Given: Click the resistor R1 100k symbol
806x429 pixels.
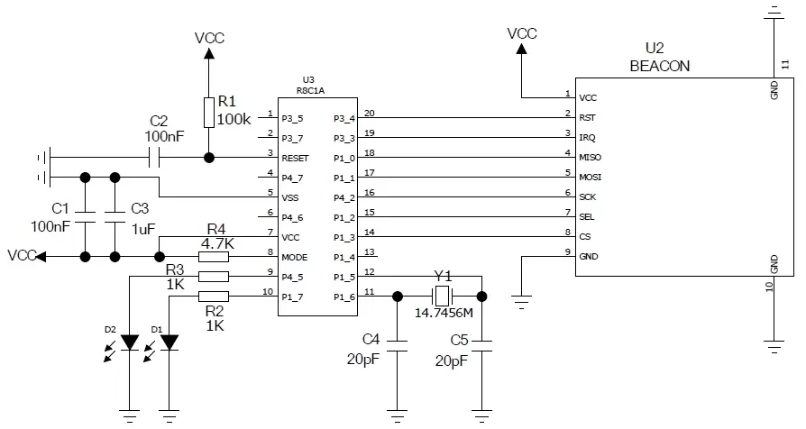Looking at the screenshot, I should (x=209, y=113).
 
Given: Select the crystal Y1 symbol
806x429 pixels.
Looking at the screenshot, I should (x=441, y=296).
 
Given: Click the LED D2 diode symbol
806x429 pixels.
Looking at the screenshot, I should (x=131, y=342).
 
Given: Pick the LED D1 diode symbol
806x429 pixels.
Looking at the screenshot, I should (x=169, y=342).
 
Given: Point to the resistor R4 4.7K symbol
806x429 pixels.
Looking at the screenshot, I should (x=213, y=256).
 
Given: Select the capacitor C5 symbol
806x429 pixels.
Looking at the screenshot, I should (x=481, y=343).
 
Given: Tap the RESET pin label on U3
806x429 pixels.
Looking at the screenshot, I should (x=297, y=157).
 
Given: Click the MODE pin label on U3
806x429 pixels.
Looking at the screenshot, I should (x=295, y=257).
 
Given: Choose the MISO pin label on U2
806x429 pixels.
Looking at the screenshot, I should (x=589, y=157).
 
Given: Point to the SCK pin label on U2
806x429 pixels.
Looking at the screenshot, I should (x=588, y=196).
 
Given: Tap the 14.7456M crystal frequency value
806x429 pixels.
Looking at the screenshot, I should (x=444, y=315).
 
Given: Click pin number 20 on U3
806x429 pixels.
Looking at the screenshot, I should (x=369, y=114).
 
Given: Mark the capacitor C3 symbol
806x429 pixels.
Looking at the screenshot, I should (x=114, y=216).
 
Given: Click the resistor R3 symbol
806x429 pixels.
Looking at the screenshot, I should (x=213, y=277).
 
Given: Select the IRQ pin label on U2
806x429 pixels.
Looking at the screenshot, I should (x=586, y=137).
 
